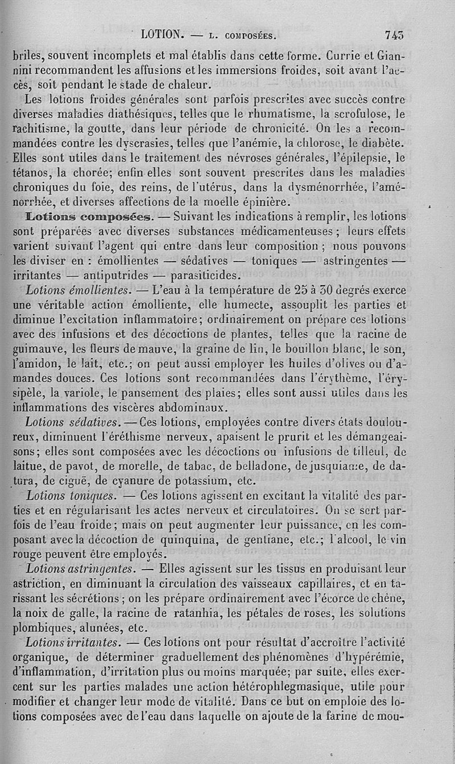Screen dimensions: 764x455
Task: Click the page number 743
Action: (x=394, y=35)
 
